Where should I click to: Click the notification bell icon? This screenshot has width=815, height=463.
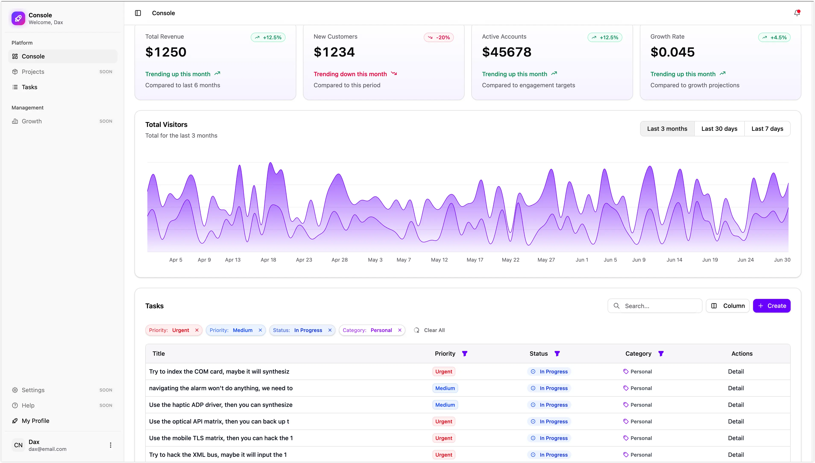pos(797,13)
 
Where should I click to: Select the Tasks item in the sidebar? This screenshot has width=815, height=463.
pos(29,87)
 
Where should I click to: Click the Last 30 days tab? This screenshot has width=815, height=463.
pos(719,129)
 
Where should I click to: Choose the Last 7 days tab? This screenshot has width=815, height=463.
pos(767,129)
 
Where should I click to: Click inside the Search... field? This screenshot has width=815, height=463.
pos(660,306)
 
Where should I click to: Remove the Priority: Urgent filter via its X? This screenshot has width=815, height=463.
pos(197,330)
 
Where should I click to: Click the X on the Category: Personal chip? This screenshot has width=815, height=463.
pos(400,330)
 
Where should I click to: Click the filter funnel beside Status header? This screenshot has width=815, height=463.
pos(557,354)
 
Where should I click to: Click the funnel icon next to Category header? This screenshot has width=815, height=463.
pos(661,354)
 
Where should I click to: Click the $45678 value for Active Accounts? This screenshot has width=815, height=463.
pos(507,52)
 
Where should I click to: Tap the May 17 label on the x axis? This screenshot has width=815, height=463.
pos(475,260)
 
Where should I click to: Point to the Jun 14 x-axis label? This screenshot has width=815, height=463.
pos(674,260)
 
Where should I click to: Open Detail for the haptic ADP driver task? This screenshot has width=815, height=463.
pos(736,405)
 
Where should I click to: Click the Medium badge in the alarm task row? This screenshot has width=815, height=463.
pos(445,388)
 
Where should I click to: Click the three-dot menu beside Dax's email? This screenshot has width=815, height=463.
pos(110,445)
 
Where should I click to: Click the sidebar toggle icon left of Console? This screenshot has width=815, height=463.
pos(138,13)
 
